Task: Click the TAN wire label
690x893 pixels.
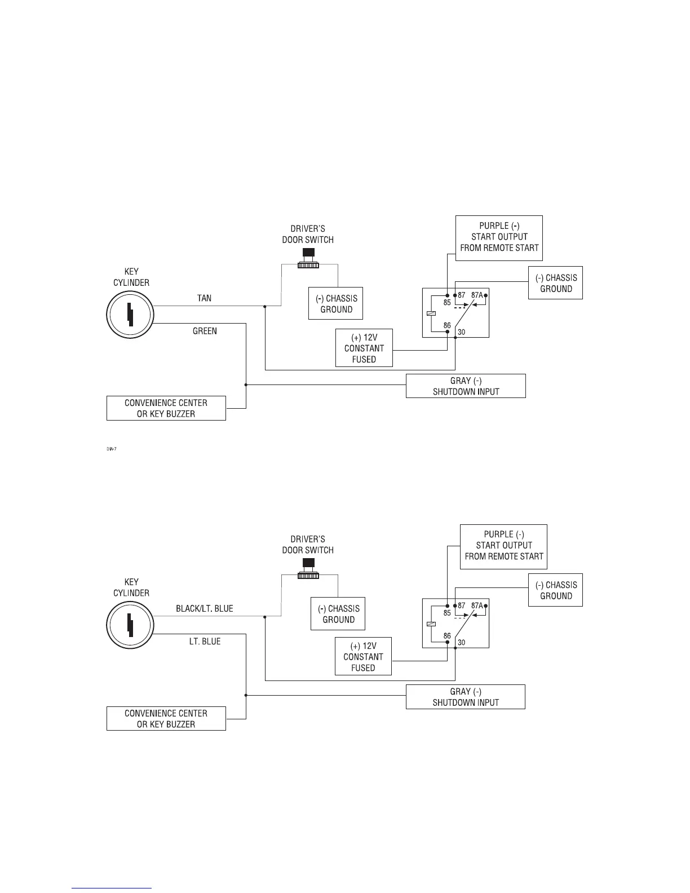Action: (x=205, y=298)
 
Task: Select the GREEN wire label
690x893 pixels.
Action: (x=205, y=331)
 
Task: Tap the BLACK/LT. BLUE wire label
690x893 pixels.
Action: (x=204, y=608)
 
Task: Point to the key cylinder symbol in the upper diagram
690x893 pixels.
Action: (x=130, y=315)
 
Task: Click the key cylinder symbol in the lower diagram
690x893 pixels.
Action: (x=130, y=625)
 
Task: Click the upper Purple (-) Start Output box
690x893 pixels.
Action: (x=499, y=237)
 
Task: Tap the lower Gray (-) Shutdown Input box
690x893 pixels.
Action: (x=465, y=697)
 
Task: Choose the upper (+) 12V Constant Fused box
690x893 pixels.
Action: (x=364, y=348)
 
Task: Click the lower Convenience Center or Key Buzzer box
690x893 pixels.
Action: (x=166, y=718)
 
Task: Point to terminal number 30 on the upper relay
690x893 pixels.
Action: (x=461, y=332)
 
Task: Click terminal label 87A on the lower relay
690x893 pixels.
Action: (x=477, y=605)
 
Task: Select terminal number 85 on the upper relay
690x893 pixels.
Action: (x=447, y=302)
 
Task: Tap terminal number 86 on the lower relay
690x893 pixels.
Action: (x=447, y=636)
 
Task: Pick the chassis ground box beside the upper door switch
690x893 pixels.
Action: (x=335, y=304)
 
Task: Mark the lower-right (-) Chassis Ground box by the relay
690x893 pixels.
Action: (x=555, y=590)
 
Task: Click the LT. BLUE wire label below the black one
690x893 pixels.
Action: (x=205, y=642)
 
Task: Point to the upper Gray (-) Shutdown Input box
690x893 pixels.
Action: (x=466, y=386)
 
